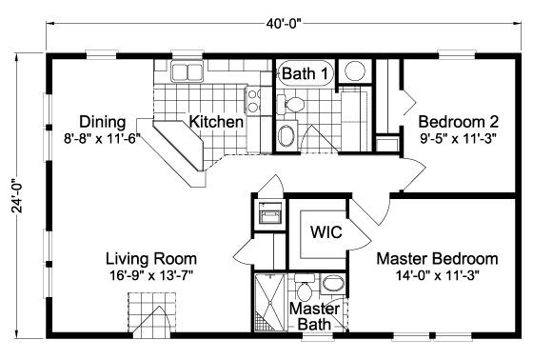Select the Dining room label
click(99, 122)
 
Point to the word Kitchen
click(215, 122)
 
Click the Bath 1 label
click(305, 71)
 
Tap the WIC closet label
click(319, 233)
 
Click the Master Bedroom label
click(437, 258)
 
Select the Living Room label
click(151, 258)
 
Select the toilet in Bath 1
click(296, 104)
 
